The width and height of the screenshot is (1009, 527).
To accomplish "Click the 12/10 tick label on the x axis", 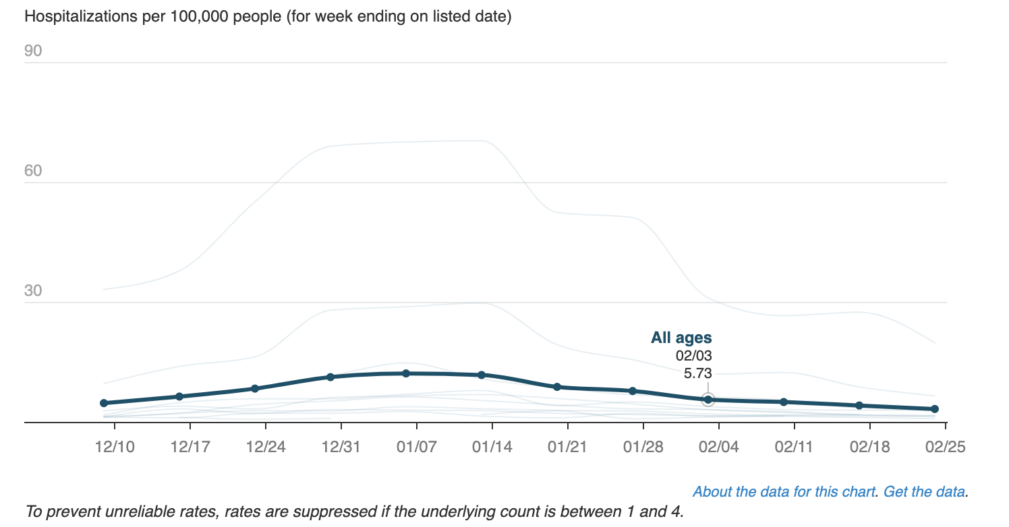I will pyautogui.click(x=114, y=447).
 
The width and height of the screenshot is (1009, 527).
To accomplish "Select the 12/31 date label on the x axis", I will pyautogui.click(x=341, y=447).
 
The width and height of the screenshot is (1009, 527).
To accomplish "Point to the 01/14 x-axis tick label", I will pyautogui.click(x=492, y=447).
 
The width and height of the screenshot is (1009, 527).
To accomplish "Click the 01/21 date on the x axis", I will pyautogui.click(x=568, y=447).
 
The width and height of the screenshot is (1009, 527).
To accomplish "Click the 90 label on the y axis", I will pyautogui.click(x=33, y=51).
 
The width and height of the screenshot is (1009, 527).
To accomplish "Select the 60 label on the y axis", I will pyautogui.click(x=33, y=171).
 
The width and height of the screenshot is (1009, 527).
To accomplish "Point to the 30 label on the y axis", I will pyautogui.click(x=33, y=291).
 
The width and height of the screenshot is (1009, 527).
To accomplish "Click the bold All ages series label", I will pyautogui.click(x=681, y=338).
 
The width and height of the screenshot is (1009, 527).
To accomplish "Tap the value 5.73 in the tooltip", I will pyautogui.click(x=698, y=373).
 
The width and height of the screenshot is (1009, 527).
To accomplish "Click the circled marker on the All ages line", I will pyautogui.click(x=708, y=400).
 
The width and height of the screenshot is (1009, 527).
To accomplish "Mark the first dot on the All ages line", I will pyautogui.click(x=104, y=403).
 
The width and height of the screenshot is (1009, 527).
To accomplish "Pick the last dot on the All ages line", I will pyautogui.click(x=935, y=409).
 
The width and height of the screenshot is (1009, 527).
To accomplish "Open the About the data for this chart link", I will pyautogui.click(x=784, y=492).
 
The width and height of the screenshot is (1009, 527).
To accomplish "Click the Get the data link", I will pyautogui.click(x=924, y=492).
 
